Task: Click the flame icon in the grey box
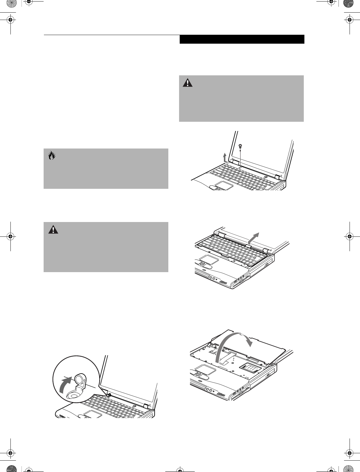pyautogui.click(x=52, y=156)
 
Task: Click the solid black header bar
pyautogui.click(x=242, y=39)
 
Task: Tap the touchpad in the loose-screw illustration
pyautogui.click(x=223, y=185)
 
